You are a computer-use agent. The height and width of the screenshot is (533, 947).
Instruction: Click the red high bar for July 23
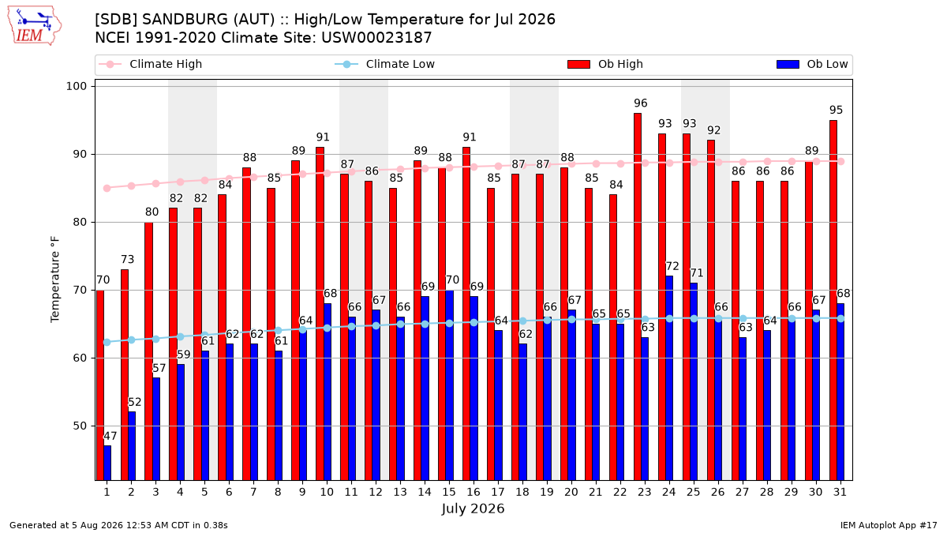pyautogui.click(x=638, y=297)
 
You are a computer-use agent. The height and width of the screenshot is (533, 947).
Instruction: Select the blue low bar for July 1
pyautogui.click(x=107, y=463)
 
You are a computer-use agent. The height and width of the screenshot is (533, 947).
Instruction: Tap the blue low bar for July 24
pyautogui.click(x=669, y=377)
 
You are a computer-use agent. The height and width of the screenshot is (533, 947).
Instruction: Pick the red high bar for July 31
pyautogui.click(x=833, y=300)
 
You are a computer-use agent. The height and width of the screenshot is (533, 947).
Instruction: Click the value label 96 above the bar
pyautogui.click(x=641, y=103)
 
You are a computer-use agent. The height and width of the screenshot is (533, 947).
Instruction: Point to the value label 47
pyautogui.click(x=110, y=436)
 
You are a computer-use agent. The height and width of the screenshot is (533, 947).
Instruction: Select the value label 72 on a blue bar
pyautogui.click(x=672, y=266)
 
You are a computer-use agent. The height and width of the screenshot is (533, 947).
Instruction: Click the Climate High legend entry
pyautogui.click(x=150, y=64)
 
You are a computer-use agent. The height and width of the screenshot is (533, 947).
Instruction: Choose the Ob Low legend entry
pyautogui.click(x=812, y=64)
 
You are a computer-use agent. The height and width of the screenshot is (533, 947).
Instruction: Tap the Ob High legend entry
pyautogui.click(x=605, y=64)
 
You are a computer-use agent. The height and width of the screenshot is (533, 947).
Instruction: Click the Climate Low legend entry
pyautogui.click(x=385, y=64)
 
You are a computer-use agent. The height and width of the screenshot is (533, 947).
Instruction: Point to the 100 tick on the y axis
pyautogui.click(x=76, y=86)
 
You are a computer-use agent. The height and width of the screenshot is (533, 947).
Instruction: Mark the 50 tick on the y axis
pyautogui.click(x=80, y=426)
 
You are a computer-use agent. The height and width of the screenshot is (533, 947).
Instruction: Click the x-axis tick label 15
pyautogui.click(x=449, y=492)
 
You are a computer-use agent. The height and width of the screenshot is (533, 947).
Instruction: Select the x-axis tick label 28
pyautogui.click(x=766, y=492)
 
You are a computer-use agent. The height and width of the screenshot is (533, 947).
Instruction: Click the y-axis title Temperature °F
pyautogui.click(x=55, y=280)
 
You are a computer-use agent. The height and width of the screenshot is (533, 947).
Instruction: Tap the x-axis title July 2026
pyautogui.click(x=473, y=509)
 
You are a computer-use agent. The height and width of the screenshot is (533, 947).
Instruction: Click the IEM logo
pyautogui.click(x=35, y=26)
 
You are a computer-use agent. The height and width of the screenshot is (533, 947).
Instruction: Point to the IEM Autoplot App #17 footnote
pyautogui.click(x=889, y=525)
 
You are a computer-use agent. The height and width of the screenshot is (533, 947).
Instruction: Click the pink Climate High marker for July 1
pyautogui.click(x=107, y=188)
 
